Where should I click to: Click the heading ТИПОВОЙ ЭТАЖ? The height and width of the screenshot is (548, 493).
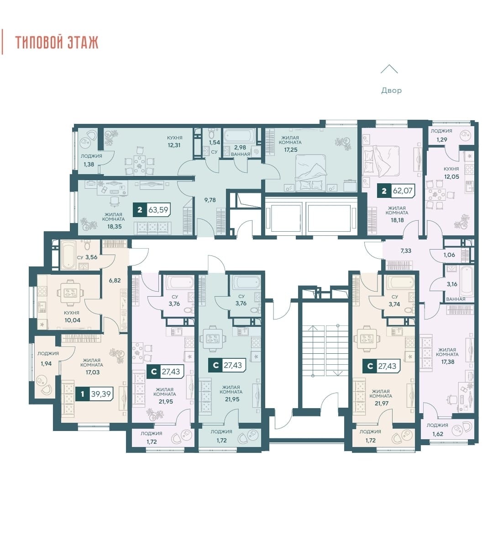[x=57, y=42]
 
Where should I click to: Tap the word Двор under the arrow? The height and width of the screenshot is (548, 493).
[x=391, y=90]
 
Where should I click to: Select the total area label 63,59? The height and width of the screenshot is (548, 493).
[x=158, y=210]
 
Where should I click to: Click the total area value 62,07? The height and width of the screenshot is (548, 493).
[x=403, y=191]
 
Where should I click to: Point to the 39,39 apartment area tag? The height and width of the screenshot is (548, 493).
[x=100, y=394]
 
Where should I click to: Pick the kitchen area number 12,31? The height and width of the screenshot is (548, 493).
[x=174, y=145]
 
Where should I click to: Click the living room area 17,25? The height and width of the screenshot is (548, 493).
[x=290, y=149]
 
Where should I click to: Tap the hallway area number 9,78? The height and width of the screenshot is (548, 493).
[x=210, y=200]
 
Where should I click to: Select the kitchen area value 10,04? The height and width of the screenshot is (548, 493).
[x=72, y=320]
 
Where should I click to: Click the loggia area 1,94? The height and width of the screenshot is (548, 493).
[x=46, y=363]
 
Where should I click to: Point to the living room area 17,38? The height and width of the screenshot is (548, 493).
[x=448, y=362]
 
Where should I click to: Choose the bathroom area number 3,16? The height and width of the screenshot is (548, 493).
[x=452, y=284]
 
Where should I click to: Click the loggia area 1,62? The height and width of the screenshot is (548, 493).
[x=437, y=434]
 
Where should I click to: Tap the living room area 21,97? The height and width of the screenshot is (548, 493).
[x=381, y=403]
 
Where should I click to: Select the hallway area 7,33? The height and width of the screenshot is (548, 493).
[x=406, y=250]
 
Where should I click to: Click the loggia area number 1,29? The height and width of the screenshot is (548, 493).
[x=442, y=139]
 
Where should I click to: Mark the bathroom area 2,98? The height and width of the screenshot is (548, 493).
[x=240, y=148]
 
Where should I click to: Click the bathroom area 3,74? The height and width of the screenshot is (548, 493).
[x=394, y=304]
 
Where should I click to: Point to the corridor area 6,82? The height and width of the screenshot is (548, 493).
[x=115, y=280]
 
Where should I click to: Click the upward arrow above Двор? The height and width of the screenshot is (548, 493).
[x=389, y=69]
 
